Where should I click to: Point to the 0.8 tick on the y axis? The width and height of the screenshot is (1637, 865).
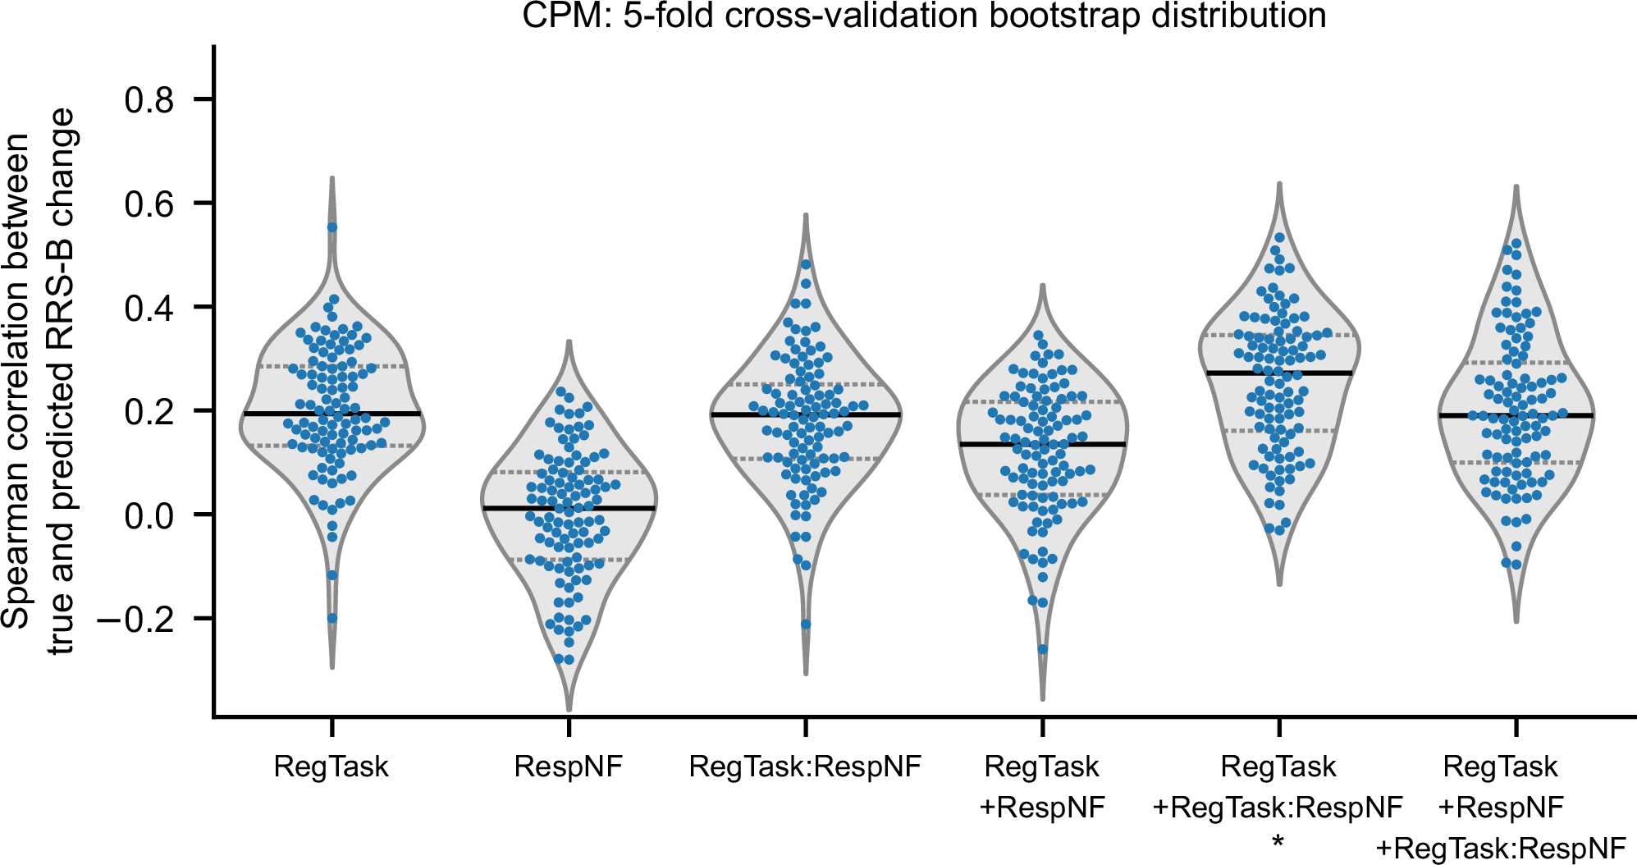point(149,100)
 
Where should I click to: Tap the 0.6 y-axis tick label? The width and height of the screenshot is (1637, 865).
point(149,204)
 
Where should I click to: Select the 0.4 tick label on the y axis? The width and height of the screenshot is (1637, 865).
point(149,308)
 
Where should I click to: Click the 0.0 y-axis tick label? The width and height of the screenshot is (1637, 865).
point(149,515)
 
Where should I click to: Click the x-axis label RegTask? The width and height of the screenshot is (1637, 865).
point(332,767)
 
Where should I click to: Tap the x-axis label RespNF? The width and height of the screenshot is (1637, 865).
point(568,767)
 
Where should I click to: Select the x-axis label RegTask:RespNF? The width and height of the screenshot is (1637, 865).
point(805,767)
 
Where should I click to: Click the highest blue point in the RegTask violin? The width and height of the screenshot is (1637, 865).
point(332,227)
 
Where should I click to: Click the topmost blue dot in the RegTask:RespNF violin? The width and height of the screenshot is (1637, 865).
point(806,264)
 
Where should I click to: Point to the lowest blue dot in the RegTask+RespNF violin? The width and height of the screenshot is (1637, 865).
point(1043,649)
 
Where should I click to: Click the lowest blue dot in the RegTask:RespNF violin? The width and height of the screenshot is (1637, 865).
point(806,625)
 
